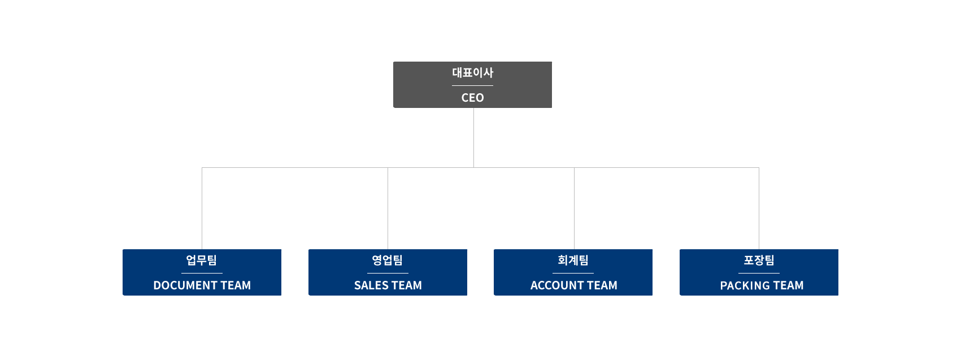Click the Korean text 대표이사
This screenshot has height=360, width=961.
472,72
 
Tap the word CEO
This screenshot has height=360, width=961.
472,98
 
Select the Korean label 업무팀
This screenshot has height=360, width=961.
202,260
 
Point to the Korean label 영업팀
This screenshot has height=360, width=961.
388,260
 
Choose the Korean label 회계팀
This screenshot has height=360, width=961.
573,260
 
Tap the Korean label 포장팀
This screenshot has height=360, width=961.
759,260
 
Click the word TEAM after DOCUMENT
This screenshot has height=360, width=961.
236,285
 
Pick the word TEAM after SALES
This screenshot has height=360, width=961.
407,285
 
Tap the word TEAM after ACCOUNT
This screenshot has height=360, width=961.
602,285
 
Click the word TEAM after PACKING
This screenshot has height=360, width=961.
788,285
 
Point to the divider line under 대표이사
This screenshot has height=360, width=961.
472,85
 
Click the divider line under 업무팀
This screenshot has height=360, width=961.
202,273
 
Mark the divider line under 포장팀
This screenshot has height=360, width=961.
759,273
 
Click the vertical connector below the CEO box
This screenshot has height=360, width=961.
473,137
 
